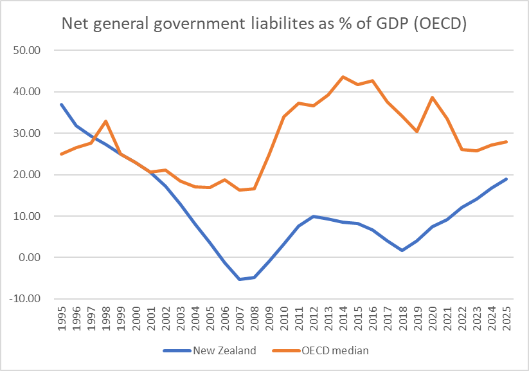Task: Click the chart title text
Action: pyautogui.click(x=264, y=24)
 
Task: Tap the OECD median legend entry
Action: pyautogui.click(x=330, y=350)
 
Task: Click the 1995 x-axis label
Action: pyautogui.click(x=62, y=320)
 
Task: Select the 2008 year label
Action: pyautogui.click(x=255, y=320)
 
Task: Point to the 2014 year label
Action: pyautogui.click(x=343, y=320)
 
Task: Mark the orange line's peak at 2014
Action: pyautogui.click(x=343, y=77)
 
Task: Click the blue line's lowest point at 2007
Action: pyautogui.click(x=240, y=279)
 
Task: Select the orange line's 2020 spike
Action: pyautogui.click(x=432, y=97)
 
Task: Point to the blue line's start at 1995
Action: pyautogui.click(x=62, y=104)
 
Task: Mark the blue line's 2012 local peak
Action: pyautogui.click(x=314, y=216)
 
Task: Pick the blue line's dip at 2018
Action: pyautogui.click(x=402, y=250)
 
